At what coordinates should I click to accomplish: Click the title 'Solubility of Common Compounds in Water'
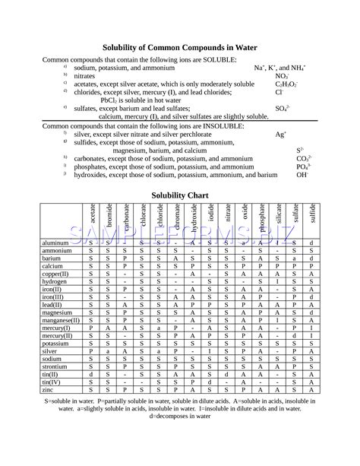click(179, 47)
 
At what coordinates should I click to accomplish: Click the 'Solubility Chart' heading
click(179, 195)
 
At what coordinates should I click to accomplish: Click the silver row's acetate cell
click(91, 352)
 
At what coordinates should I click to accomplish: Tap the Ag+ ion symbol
click(280, 134)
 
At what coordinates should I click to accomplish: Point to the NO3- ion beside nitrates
click(281, 77)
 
